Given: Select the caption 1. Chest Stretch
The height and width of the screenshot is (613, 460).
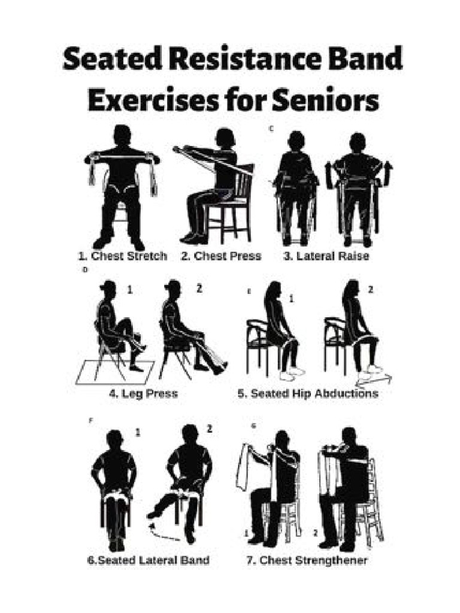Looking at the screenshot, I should (x=122, y=256).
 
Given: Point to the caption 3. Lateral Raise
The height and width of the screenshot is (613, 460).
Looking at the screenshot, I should (x=326, y=256).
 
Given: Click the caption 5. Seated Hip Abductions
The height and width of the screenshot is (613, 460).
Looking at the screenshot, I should (x=308, y=394).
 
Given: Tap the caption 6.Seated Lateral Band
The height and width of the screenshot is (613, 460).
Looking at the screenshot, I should (x=149, y=560).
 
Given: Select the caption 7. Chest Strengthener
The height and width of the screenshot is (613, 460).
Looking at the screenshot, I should (x=307, y=560).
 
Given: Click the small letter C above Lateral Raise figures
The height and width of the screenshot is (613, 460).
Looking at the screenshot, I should (x=271, y=128).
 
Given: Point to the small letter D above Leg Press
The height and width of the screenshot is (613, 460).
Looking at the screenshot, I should (x=85, y=270).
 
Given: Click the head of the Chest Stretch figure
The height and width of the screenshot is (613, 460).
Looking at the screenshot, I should (x=122, y=135).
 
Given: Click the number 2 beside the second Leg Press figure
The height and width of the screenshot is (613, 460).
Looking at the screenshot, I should (x=199, y=289).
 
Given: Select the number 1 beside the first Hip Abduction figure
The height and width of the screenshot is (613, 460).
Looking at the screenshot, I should (x=292, y=298).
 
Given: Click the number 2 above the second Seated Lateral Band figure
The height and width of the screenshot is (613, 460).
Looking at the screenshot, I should (x=209, y=429).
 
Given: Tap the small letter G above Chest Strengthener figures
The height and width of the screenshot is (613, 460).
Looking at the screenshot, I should (x=253, y=426).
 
